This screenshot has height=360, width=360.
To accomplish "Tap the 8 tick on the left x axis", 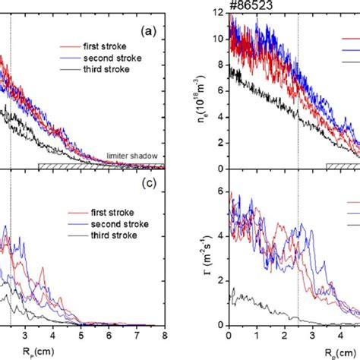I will tap(163, 336).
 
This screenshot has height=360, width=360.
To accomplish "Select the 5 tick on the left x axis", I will tap(81, 336).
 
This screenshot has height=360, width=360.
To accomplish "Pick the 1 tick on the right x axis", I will tap(257, 336).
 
